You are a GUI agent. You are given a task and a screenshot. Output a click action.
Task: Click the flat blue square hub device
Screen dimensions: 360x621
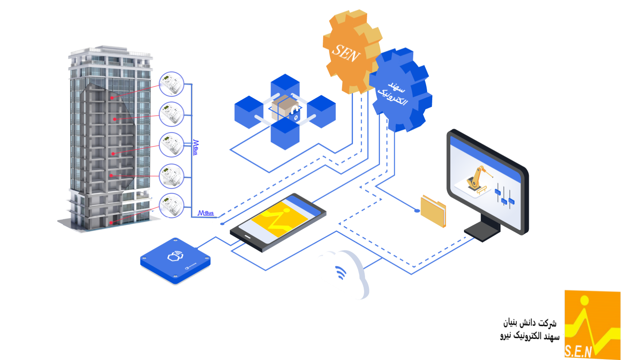175,261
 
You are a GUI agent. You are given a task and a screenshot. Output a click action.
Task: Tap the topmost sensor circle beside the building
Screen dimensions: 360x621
172,84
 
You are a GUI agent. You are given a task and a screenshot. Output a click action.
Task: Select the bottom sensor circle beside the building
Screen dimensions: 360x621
172,206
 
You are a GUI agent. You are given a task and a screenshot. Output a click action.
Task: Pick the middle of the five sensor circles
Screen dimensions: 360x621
172,144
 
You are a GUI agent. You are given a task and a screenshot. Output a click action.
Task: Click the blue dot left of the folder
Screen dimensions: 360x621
417,210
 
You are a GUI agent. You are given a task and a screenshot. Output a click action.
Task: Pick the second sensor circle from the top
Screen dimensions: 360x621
172,114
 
